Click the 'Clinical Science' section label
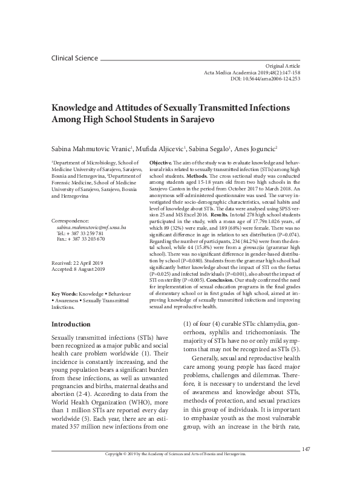click(x=74, y=58)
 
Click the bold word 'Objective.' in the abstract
click(x=160, y=164)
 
